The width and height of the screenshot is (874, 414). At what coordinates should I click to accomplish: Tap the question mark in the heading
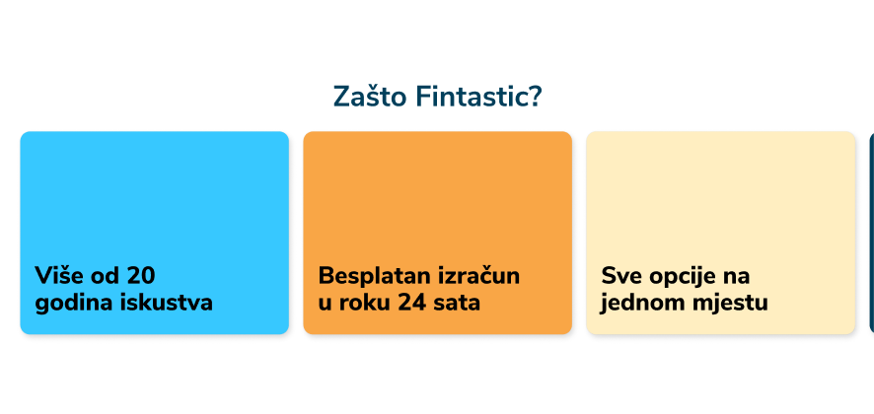click(534, 97)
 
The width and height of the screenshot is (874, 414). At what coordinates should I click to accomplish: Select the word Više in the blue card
click(54, 275)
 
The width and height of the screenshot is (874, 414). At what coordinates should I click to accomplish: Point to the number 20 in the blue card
click(140, 276)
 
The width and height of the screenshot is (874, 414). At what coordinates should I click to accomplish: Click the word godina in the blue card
click(72, 305)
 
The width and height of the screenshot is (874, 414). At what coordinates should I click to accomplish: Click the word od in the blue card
click(100, 275)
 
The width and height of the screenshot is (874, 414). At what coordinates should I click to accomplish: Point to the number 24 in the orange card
click(412, 304)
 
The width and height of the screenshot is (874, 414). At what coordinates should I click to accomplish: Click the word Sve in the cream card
click(619, 276)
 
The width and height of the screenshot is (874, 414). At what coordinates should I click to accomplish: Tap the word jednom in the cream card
click(637, 305)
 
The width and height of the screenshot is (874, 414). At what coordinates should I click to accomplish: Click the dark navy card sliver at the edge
click(871, 233)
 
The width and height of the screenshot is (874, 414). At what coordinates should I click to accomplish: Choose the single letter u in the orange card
click(325, 305)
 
